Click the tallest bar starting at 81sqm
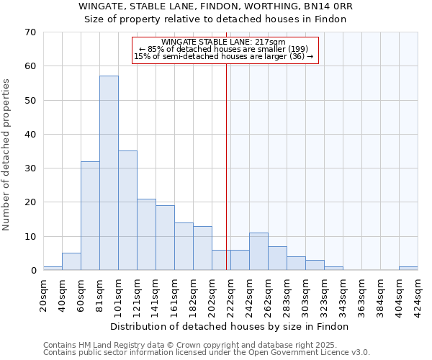pos(109,173)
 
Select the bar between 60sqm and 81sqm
pos(90,216)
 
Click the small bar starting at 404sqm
pos(408,269)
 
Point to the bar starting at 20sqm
pos(53,269)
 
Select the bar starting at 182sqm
pos(202,248)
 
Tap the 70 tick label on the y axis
pos(30,32)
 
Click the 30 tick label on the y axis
pos(30,168)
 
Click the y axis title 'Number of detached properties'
pos(6,154)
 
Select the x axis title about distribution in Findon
pos(230,326)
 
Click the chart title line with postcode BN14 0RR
pos(216,6)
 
